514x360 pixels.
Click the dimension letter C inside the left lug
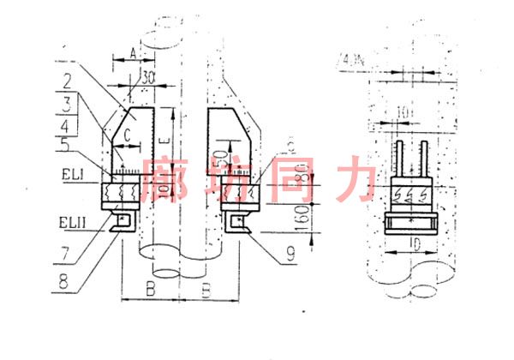coord(127,134)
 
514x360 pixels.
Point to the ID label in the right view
coord(413,247)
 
